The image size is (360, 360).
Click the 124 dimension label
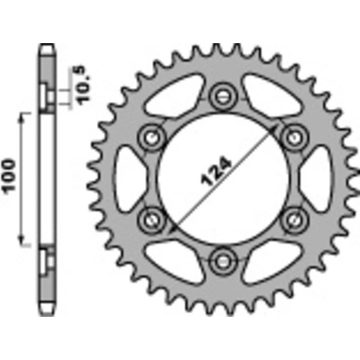[217, 171]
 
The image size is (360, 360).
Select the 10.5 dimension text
[83, 85]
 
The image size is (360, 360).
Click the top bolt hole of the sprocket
[222, 96]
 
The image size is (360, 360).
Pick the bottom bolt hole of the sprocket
[222, 261]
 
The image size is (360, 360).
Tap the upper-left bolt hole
[151, 137]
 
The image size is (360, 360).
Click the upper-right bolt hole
[293, 137]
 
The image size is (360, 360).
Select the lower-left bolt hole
[151, 220]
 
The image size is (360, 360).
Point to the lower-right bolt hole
[293, 220]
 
